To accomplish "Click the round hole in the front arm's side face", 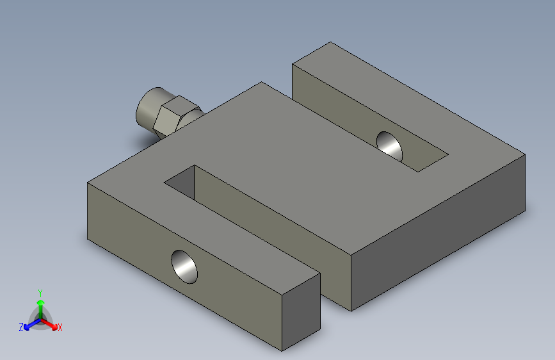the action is [184, 267].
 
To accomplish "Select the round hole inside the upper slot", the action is [390, 146].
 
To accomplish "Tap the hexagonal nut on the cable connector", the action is [175, 116].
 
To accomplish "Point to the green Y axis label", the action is [40, 293].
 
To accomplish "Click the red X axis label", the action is [60, 327].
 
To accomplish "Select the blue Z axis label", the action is [21, 327].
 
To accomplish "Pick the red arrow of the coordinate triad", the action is [49, 324].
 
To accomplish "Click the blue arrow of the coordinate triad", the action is [32, 324].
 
